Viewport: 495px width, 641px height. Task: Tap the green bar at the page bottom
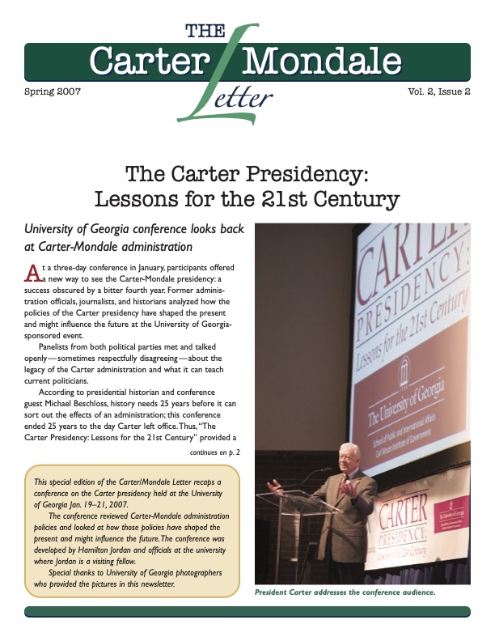247,611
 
